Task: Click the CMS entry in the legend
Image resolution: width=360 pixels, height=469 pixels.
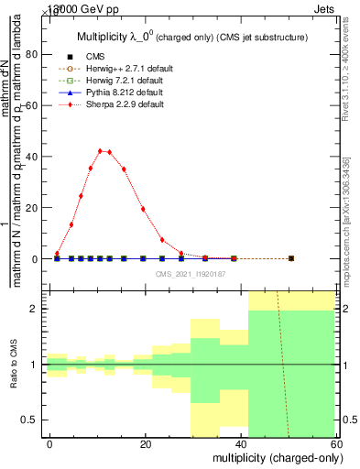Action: (94, 57)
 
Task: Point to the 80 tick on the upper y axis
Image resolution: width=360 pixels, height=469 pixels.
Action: (31, 54)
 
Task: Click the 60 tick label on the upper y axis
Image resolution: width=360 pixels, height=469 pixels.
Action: (31, 105)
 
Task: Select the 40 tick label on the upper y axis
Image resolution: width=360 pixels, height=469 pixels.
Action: (31, 157)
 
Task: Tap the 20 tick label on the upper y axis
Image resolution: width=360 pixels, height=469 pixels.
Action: (31, 208)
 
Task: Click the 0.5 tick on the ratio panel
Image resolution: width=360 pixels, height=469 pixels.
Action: (28, 420)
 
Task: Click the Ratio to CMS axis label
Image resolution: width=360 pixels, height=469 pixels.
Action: (12, 365)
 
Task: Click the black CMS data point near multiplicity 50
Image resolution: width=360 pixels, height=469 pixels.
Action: (290, 258)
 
